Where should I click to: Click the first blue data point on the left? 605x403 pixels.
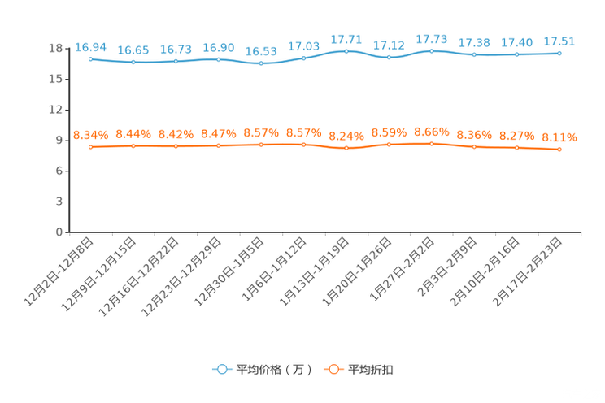(91, 59)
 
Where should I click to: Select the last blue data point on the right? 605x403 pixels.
(559, 53)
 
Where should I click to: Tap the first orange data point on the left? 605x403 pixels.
(91, 147)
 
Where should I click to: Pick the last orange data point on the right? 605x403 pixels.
(559, 149)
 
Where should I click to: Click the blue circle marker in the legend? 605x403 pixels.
(221, 369)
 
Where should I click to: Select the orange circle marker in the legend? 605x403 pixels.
(333, 369)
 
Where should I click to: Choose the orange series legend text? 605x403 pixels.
(372, 370)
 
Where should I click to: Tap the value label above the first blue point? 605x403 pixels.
(91, 46)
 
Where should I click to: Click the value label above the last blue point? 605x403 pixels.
(559, 41)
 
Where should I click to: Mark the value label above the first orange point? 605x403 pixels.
(91, 134)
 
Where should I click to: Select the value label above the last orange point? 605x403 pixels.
(559, 137)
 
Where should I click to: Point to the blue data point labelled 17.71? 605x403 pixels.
(346, 51)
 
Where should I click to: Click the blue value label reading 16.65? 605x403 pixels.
(133, 50)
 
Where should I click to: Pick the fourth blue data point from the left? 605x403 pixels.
(219, 59)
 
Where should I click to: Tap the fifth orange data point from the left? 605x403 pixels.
(261, 145)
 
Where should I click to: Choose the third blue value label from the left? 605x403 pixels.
(176, 49)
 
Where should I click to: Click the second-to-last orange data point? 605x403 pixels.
(516, 148)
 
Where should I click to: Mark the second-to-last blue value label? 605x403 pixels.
(516, 41)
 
